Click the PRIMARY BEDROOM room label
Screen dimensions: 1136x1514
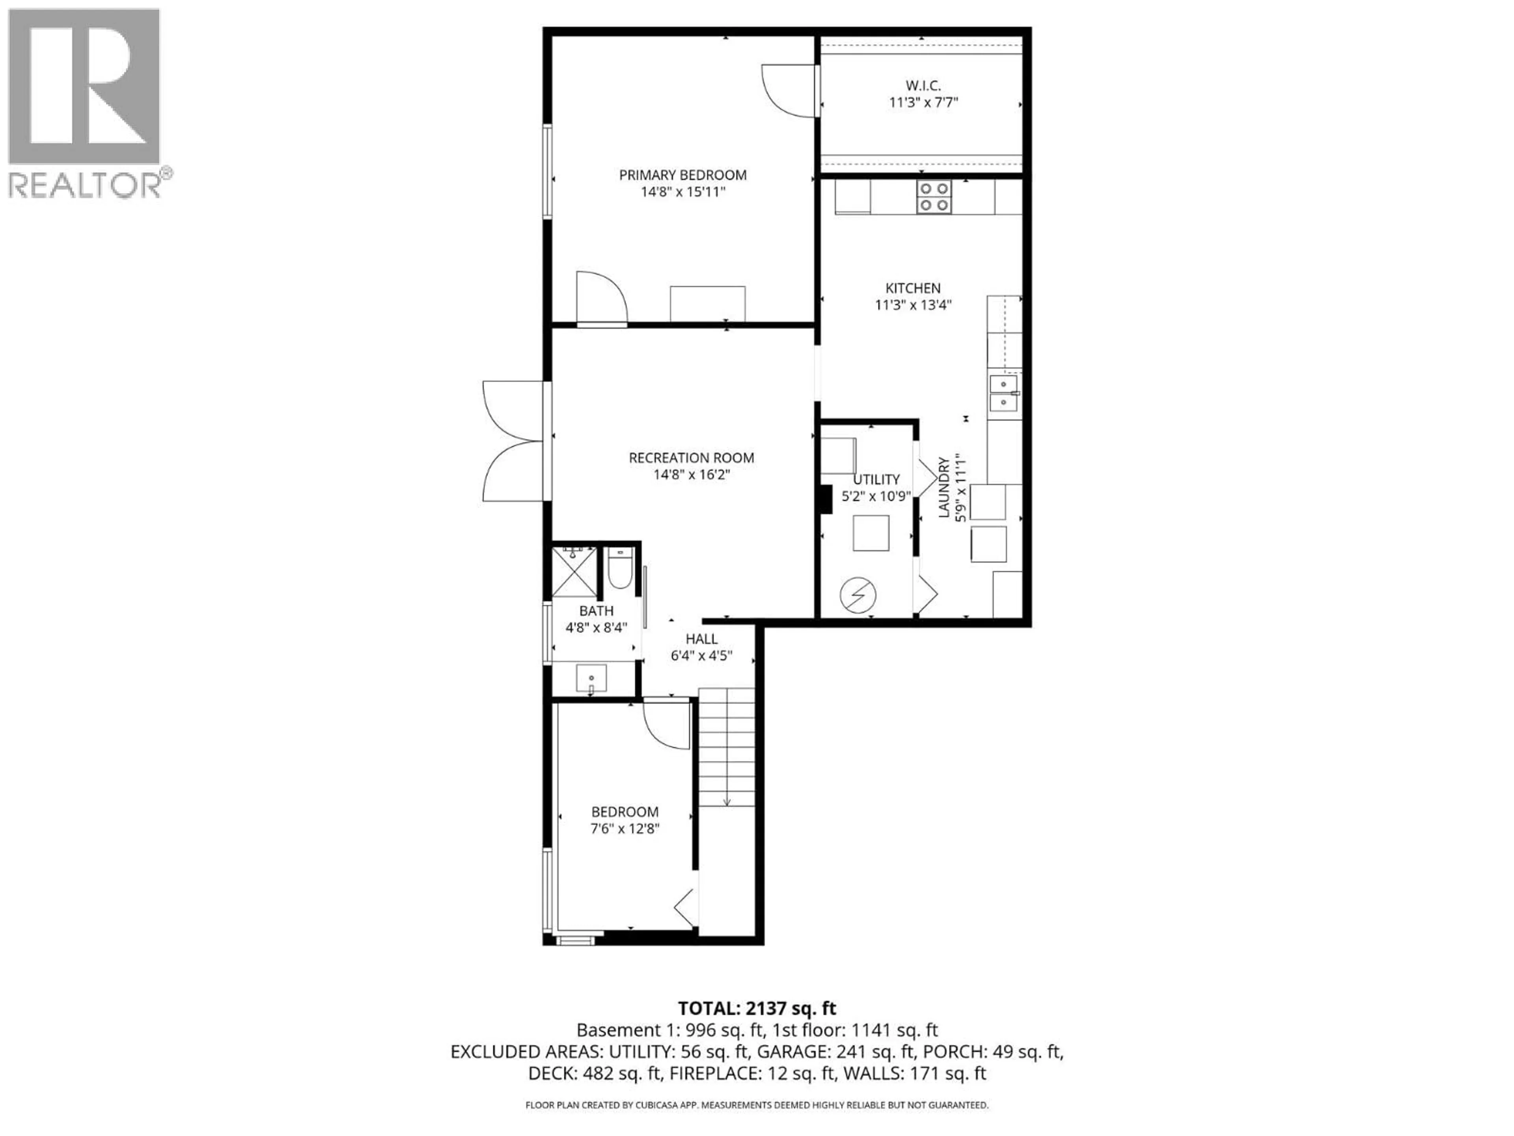tap(682, 175)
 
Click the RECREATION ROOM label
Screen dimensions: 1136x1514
tap(691, 458)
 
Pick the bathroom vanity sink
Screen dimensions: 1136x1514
tap(591, 678)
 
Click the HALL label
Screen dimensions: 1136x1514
tap(701, 639)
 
